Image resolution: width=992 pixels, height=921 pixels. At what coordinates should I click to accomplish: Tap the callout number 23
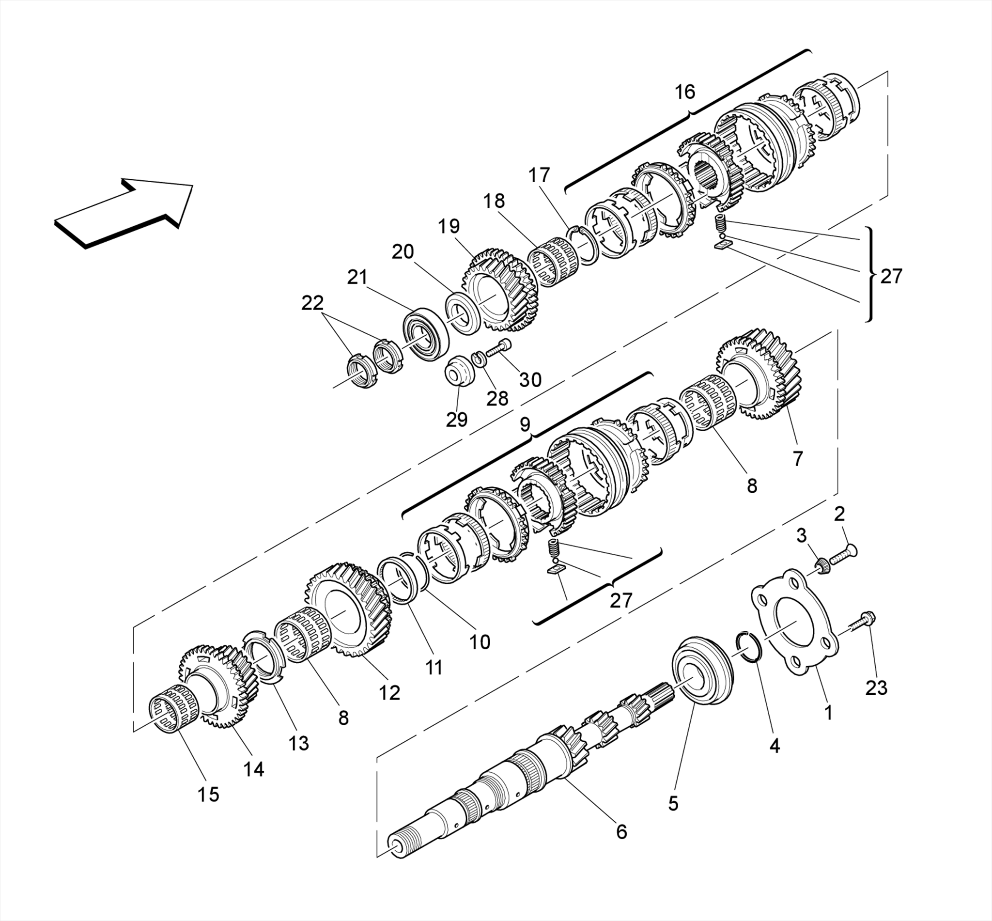tap(876, 688)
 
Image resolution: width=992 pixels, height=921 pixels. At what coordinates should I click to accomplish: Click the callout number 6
tap(621, 831)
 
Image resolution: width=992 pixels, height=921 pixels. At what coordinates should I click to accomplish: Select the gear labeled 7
tap(760, 374)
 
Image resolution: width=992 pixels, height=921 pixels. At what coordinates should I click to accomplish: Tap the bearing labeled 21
tap(426, 334)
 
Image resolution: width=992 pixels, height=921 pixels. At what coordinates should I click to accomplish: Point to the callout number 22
tap(312, 302)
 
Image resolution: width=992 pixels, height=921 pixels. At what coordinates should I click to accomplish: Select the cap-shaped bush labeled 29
tap(460, 371)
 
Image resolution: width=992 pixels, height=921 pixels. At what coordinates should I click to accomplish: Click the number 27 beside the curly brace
tap(891, 276)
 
